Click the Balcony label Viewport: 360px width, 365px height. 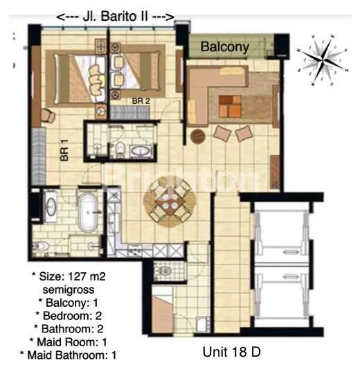(x=225, y=47)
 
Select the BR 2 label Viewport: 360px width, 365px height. (x=141, y=101)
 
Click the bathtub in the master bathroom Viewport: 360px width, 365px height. (x=87, y=213)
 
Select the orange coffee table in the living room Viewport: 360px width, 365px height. (x=230, y=105)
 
